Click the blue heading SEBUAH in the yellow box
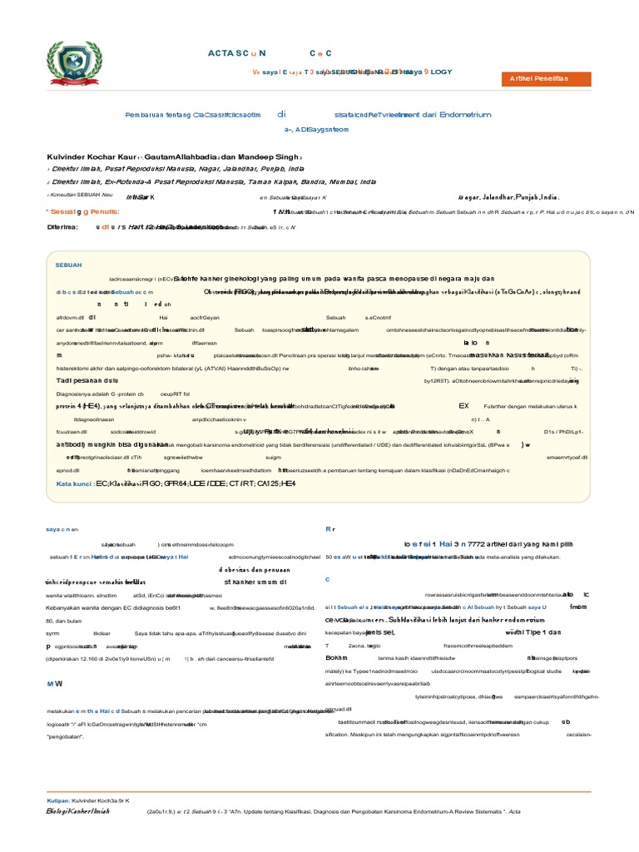click(68, 264)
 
